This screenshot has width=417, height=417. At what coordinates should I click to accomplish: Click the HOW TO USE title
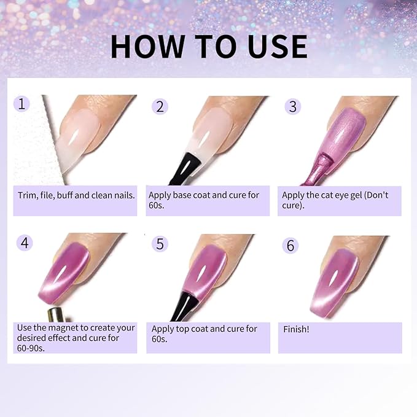(209, 47)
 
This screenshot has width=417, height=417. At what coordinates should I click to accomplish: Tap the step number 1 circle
(21, 103)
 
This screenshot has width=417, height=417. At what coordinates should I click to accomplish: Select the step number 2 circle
(160, 106)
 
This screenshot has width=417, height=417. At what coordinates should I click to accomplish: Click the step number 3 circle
(292, 106)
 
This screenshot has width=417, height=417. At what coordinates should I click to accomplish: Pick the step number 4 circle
(25, 243)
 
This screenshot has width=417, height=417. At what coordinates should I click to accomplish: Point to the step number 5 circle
(160, 244)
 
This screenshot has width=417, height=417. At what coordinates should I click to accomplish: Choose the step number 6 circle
(290, 245)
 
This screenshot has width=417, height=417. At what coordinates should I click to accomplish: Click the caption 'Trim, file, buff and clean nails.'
(76, 195)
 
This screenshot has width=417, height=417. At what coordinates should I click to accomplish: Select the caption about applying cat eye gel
(339, 200)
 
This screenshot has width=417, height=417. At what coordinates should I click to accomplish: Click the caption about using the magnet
(75, 338)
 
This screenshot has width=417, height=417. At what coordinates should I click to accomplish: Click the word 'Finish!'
(297, 329)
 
